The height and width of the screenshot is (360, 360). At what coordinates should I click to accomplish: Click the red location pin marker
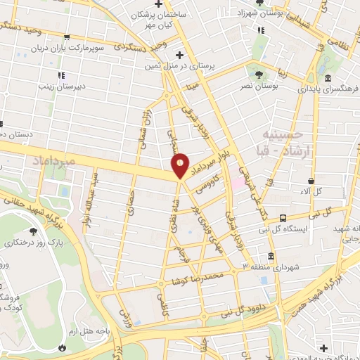tap(181, 165)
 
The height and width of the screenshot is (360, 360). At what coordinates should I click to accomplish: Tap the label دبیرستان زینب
tap(61, 86)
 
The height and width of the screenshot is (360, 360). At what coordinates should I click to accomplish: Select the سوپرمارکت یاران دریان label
tap(66, 50)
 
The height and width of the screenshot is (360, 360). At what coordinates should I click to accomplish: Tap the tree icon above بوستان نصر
tap(259, 74)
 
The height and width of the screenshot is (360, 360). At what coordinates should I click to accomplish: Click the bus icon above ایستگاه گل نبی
tap(282, 218)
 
